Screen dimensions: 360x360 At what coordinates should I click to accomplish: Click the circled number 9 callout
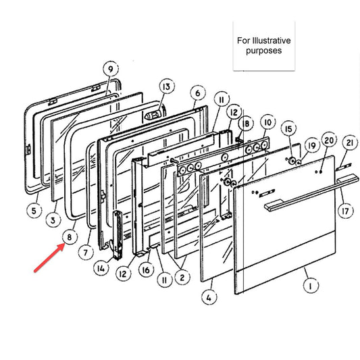coord(111,69)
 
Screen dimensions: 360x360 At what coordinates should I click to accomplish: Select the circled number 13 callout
coord(167,86)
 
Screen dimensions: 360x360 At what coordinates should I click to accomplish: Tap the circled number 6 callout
coord(198,93)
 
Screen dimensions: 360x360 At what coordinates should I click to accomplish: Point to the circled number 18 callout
coord(246,124)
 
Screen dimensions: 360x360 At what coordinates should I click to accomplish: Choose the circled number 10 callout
coord(268,123)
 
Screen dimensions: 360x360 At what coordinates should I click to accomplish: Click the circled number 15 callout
coord(288,129)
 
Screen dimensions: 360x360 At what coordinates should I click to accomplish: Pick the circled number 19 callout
coord(312,145)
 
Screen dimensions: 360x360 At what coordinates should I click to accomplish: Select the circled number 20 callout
coord(329,140)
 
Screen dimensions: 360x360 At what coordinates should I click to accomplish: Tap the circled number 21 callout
coord(350,143)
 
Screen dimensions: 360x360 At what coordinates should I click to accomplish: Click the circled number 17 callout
coord(346,211)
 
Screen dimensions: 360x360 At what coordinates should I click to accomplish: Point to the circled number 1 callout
coord(311,286)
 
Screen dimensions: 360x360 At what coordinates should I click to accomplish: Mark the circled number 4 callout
coord(209,297)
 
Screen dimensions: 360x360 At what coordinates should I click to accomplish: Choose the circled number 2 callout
coord(182,278)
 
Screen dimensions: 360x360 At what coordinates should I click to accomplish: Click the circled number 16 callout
coord(147,270)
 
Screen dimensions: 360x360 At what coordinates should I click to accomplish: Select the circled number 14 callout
coord(101,268)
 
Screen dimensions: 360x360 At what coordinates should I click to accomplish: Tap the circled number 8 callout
coord(70,237)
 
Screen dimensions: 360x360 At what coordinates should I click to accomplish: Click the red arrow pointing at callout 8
coord(49,258)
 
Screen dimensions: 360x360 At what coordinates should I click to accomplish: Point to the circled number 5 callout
coord(34,211)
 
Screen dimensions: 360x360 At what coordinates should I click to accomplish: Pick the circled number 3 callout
coord(53,220)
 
